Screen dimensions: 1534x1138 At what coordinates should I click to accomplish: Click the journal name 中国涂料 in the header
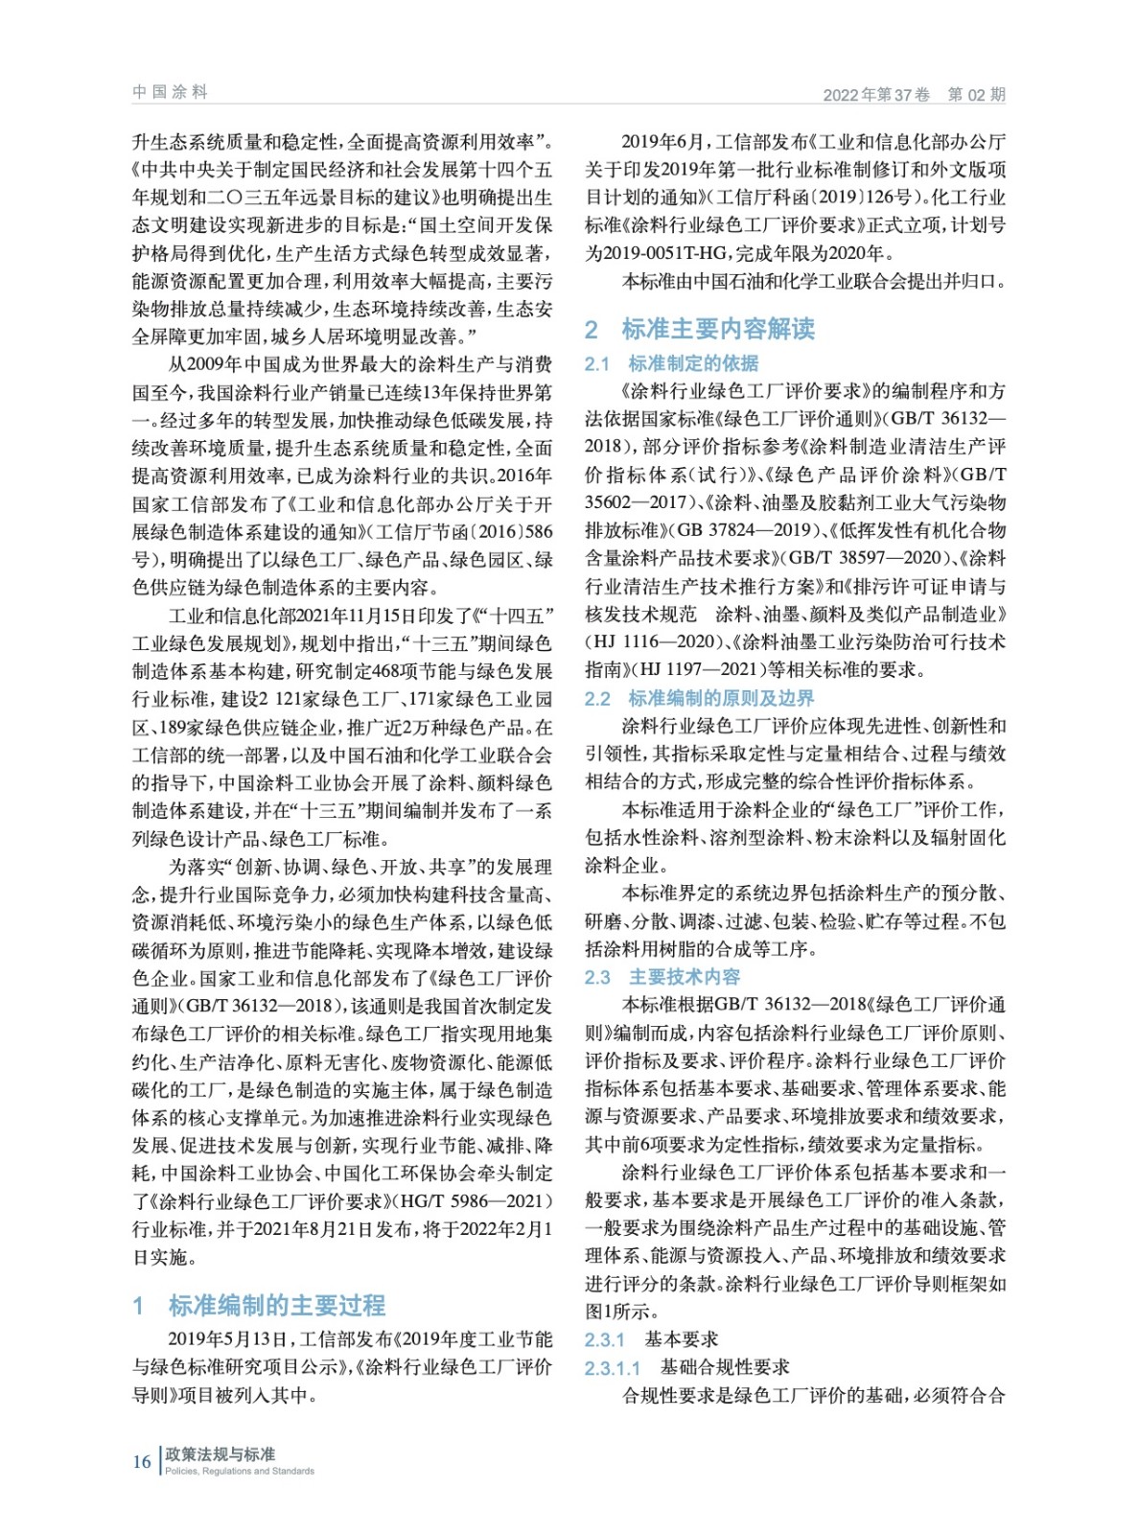coord(170,92)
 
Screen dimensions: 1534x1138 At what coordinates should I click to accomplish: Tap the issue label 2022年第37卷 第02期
coord(914,94)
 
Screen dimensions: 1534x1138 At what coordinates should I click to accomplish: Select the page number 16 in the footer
coord(142,1461)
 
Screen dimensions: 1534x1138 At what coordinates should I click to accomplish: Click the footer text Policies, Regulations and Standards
coord(240,1471)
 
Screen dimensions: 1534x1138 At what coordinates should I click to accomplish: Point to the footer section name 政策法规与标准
coord(221,1454)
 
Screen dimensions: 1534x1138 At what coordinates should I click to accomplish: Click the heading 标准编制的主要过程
coord(276,1305)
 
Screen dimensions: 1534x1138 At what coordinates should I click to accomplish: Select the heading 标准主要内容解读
coord(718,329)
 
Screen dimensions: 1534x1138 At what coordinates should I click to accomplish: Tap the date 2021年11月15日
coord(373,616)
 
